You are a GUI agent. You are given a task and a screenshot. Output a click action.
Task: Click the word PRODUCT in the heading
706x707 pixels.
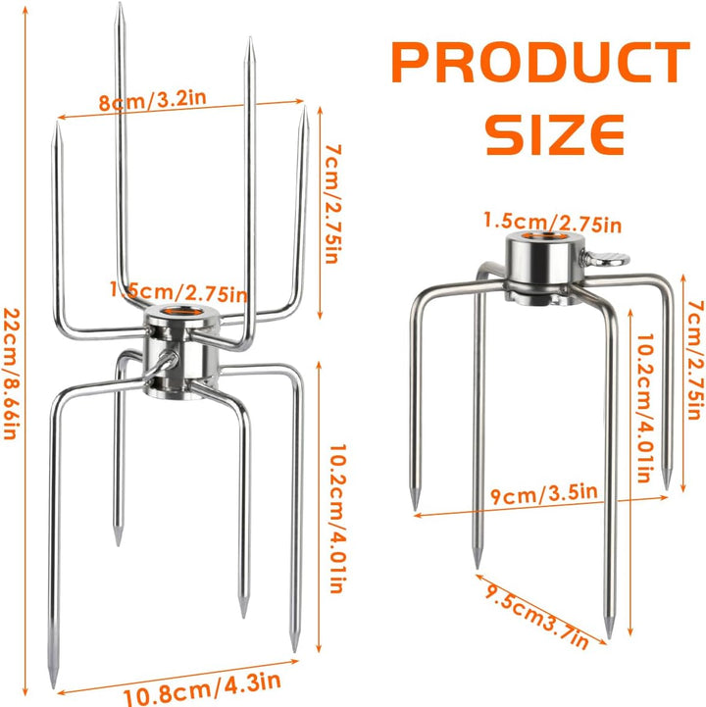tap(540, 62)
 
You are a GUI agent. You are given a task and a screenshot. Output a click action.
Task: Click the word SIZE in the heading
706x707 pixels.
tap(555, 134)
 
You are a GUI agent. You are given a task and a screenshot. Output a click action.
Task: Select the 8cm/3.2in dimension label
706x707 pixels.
tap(152, 100)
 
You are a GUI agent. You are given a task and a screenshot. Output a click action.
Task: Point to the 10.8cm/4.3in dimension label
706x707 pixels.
tap(202, 688)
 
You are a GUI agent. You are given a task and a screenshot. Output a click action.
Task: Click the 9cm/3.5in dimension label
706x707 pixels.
tap(544, 493)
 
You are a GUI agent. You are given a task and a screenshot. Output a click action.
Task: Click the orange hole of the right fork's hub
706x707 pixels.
tap(545, 236)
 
